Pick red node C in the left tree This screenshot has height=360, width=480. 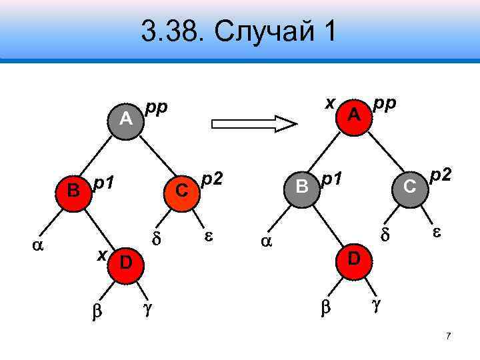coord(180,189)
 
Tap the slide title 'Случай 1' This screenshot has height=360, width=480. coord(239,31)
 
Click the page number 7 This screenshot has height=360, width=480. coord(449,336)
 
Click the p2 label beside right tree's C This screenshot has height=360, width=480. coord(441,175)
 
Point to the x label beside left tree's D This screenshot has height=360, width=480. coord(102,253)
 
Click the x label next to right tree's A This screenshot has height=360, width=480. coord(329,101)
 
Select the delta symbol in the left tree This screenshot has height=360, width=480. coord(157,238)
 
